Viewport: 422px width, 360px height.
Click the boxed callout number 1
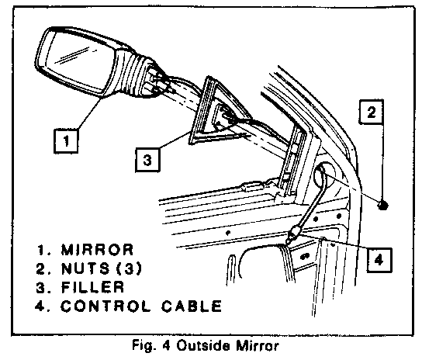(x=66, y=141)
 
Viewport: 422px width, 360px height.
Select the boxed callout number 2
(x=372, y=112)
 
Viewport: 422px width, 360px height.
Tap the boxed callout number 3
(x=147, y=160)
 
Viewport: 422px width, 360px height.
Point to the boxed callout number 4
(x=379, y=260)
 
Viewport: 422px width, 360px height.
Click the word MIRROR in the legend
(x=97, y=250)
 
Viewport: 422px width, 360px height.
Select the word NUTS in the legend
(x=85, y=268)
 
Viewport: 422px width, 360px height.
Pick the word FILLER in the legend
(x=92, y=287)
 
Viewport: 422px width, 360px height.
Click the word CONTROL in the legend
(x=105, y=306)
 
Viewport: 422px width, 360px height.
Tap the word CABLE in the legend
(x=192, y=306)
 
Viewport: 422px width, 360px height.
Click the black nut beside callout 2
(x=382, y=206)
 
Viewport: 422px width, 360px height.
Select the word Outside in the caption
(x=203, y=346)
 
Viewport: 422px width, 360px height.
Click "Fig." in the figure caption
(x=144, y=346)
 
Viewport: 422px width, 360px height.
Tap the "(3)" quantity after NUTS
(x=129, y=268)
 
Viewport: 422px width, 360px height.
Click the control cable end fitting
(x=292, y=234)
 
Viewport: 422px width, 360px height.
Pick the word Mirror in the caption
(x=258, y=346)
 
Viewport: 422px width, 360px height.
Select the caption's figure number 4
(x=166, y=346)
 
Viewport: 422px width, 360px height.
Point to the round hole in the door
(x=325, y=176)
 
